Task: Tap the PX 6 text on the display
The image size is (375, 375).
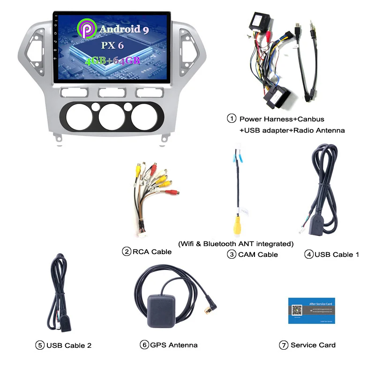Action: tap(112, 45)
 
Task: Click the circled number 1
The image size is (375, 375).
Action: tap(232, 119)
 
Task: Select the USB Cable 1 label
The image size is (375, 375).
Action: tap(337, 255)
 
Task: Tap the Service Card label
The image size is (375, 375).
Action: tap(313, 345)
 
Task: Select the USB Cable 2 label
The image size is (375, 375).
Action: tap(69, 345)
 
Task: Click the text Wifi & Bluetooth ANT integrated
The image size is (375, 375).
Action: tap(236, 244)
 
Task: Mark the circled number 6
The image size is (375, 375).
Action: tap(144, 345)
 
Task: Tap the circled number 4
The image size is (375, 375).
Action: tap(308, 255)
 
